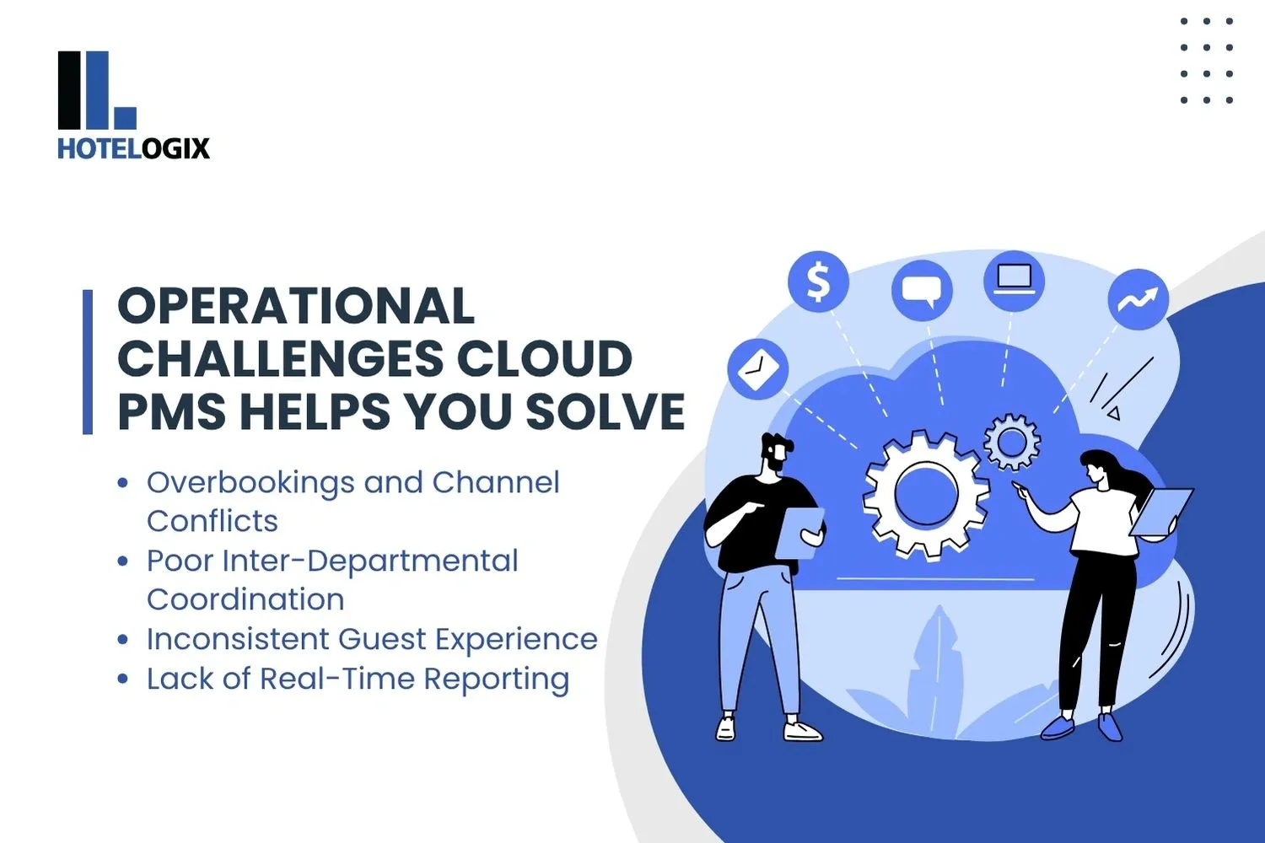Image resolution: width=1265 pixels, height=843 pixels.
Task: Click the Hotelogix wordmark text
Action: point(133,148)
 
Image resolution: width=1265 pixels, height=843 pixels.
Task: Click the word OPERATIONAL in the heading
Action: point(296,305)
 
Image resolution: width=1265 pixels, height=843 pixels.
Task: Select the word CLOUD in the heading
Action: point(545,359)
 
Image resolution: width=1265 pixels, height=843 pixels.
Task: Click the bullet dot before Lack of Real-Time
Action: point(123,679)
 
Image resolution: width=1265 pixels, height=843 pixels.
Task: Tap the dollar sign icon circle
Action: point(818,282)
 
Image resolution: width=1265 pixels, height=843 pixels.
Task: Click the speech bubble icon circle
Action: point(921,291)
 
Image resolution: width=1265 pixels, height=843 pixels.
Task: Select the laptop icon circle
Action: point(1014,281)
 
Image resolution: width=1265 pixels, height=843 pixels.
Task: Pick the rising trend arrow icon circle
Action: point(1138,299)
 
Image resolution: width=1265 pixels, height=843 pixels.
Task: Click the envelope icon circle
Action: point(757,369)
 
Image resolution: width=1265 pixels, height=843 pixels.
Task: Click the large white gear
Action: point(926,495)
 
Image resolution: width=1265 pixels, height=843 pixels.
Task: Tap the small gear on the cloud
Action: point(1011,441)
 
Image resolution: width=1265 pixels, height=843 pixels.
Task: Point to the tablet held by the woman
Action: point(1161,511)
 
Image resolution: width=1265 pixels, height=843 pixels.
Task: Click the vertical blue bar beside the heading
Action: point(88,362)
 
